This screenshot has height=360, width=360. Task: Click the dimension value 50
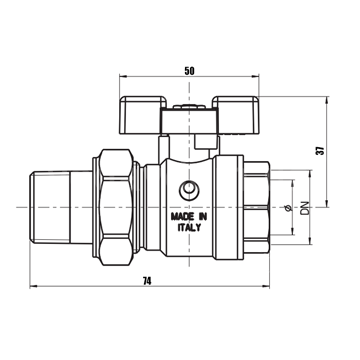coord(189,71)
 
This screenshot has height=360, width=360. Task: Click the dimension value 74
coord(147,281)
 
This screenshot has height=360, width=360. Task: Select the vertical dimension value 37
coord(321,151)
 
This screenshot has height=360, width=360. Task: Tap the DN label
coord(305,208)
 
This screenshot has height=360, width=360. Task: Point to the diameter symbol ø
coord(288,208)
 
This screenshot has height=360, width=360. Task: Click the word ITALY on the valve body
coord(189,228)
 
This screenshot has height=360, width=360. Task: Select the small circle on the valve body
coord(189,189)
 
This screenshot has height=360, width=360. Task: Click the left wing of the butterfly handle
coord(143,115)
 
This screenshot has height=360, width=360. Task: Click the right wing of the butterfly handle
coord(236,115)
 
